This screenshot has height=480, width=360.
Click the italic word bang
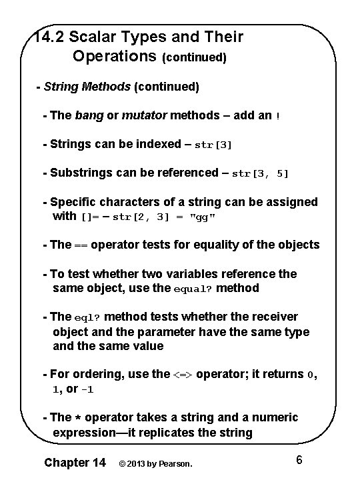pyautogui.click(x=89, y=115)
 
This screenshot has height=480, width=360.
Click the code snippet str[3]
pyautogui.click(x=213, y=145)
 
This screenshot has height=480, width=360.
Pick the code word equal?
pyautogui.click(x=191, y=289)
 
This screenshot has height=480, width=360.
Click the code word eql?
pyautogui.click(x=87, y=317)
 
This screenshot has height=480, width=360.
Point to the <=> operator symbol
pyautogui.click(x=183, y=375)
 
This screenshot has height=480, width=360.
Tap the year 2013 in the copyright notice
pyautogui.click(x=136, y=463)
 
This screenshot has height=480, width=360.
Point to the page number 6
pyautogui.click(x=299, y=460)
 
